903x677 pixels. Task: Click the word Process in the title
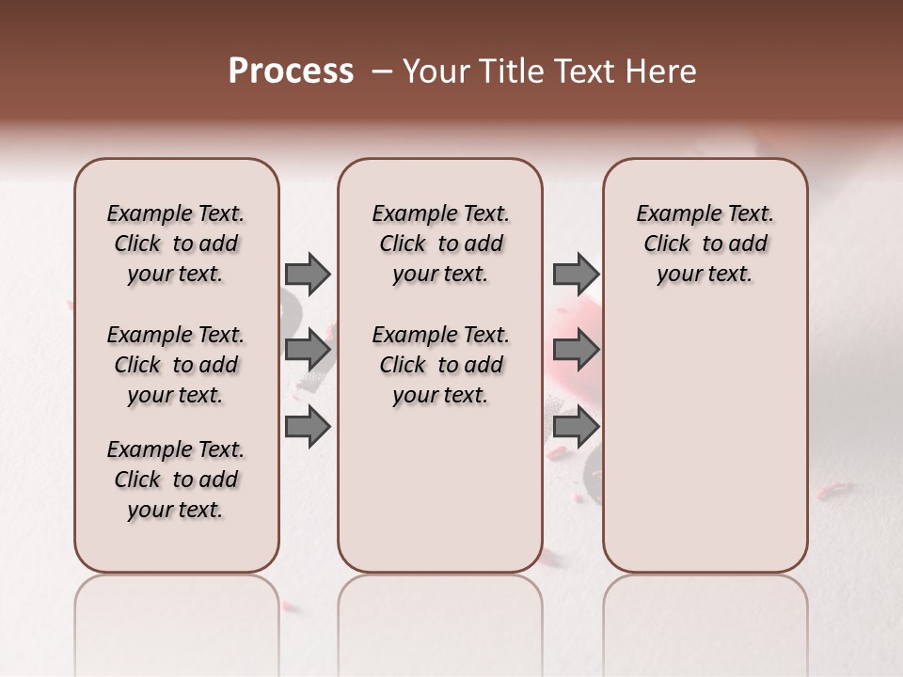[291, 71]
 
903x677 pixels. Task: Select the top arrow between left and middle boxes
[308, 275]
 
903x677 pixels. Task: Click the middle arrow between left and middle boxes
[308, 351]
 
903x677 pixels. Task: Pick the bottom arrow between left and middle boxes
[308, 427]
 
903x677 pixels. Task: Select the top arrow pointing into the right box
[576, 275]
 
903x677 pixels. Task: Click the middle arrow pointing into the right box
[576, 351]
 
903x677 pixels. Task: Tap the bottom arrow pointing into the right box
[576, 427]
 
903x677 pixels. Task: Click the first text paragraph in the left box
[176, 244]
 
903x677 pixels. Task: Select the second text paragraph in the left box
[176, 365]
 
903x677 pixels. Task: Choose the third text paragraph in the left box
[176, 480]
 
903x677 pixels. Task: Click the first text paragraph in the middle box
[440, 244]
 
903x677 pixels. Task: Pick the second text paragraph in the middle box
[440, 365]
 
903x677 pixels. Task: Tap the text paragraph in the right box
[705, 244]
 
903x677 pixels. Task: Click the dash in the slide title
[382, 71]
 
